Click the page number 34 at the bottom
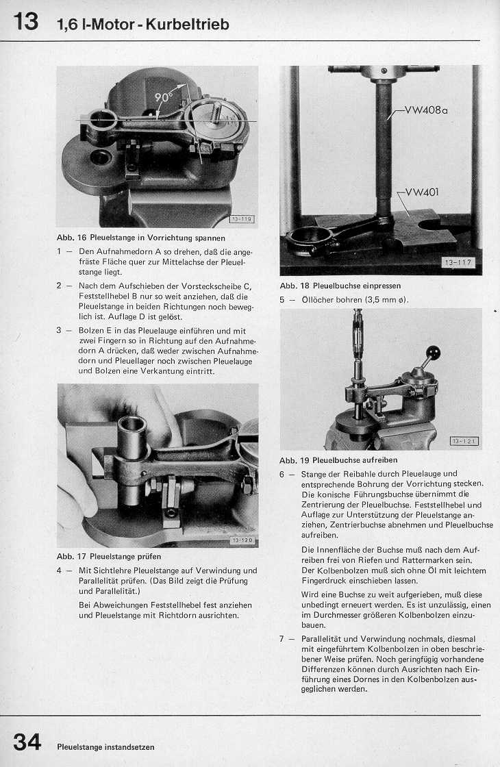[x=27, y=742]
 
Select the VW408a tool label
[x=425, y=110]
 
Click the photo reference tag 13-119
[x=241, y=219]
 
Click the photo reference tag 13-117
[x=458, y=262]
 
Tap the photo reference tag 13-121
[x=464, y=440]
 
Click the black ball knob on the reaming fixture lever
[x=432, y=353]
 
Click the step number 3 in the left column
[x=60, y=330]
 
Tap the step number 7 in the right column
[x=282, y=639]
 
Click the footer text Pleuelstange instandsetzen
[x=105, y=746]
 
